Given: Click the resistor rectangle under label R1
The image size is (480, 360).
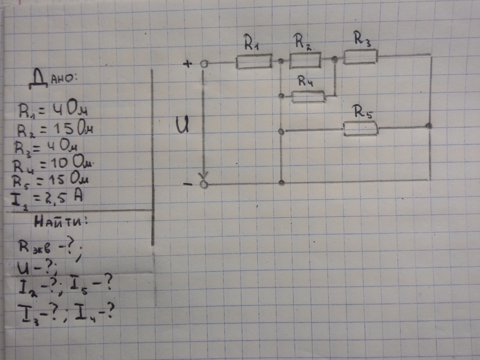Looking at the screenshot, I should point(254,62).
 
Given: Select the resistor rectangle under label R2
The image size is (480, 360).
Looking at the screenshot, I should point(305,60).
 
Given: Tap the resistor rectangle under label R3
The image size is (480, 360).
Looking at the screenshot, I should point(360,56).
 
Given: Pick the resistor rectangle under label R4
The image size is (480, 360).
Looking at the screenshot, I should point(308,96).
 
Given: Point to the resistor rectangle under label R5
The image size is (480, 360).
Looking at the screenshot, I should point(360,129).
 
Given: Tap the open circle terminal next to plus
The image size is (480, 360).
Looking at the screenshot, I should point(204,64).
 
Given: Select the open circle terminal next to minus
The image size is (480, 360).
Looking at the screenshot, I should point(204,184).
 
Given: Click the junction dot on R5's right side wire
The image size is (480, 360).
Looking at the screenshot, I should point(428,126).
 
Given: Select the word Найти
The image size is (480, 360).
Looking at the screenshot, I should point(60,223).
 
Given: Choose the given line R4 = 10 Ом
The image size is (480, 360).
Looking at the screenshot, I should point(52,164).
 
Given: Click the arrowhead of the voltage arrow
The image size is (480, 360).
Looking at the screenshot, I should point(204,175).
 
